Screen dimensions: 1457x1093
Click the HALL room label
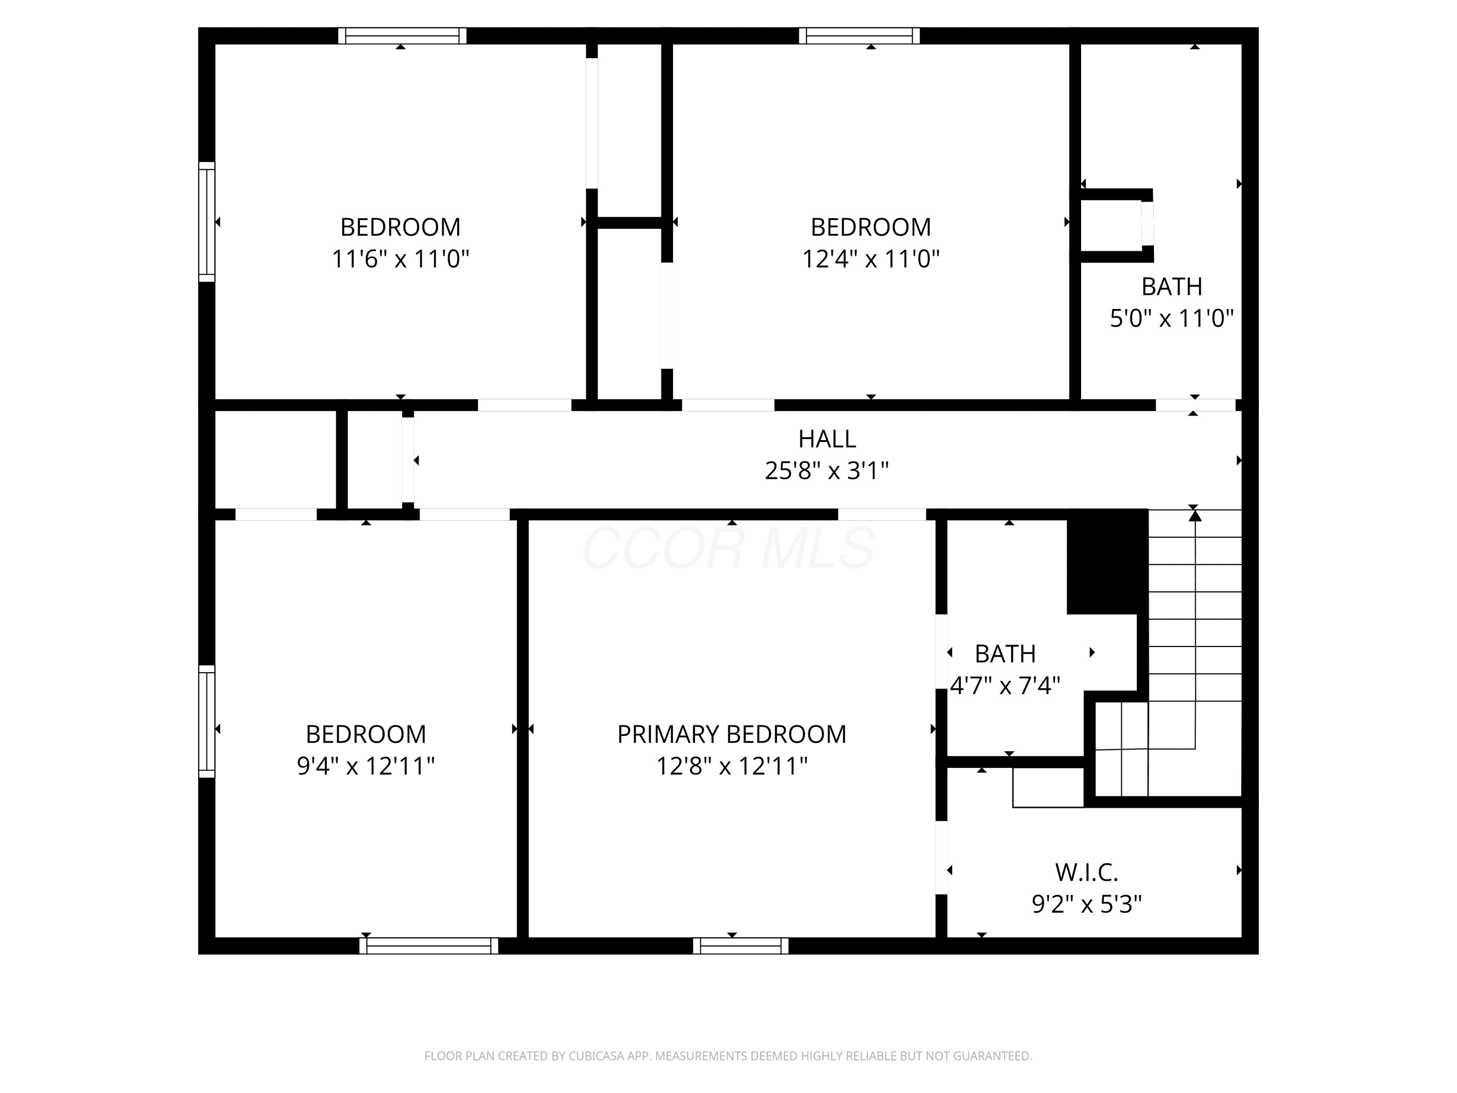click(827, 439)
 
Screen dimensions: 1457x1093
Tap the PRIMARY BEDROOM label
click(732, 734)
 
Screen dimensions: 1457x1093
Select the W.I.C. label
click(1087, 872)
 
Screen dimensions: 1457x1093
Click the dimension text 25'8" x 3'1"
click(827, 470)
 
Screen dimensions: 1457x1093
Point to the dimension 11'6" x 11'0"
click(401, 259)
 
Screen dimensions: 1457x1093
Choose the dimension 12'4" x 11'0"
click(871, 259)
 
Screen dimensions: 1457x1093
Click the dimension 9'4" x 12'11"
click(366, 766)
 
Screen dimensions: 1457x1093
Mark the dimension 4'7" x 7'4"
click(1005, 686)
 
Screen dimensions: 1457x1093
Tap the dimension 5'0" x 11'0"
click(1172, 318)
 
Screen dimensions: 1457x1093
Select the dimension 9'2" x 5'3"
click(1087, 904)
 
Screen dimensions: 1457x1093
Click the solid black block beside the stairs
click(1108, 562)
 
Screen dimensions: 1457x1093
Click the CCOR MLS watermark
click(728, 547)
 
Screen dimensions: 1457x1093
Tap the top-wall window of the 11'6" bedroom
click(403, 35)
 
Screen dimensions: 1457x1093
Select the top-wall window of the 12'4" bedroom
click(860, 35)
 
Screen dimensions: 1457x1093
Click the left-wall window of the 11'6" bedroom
click(207, 222)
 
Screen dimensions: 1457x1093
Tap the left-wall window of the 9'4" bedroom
click(207, 721)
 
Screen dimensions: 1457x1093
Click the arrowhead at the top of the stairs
click(1195, 514)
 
